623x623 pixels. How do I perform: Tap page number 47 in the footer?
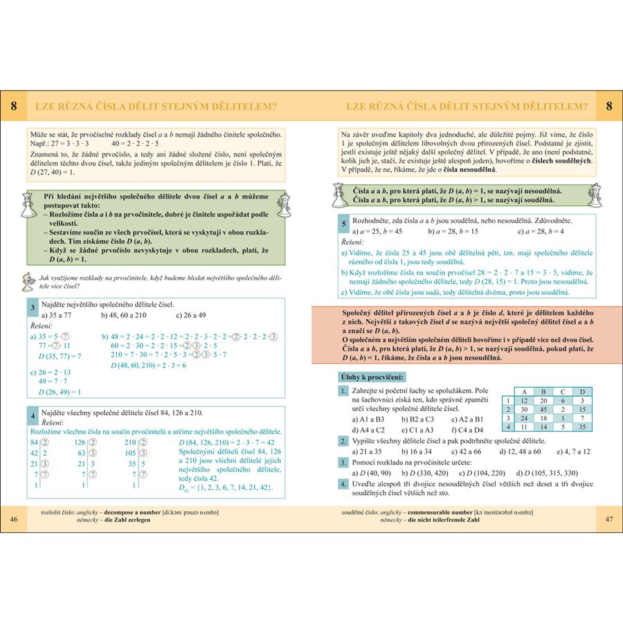pyautogui.click(x=608, y=518)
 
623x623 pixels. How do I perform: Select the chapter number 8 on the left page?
pyautogui.click(x=15, y=107)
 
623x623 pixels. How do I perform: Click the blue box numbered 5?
pyautogui.click(x=343, y=224)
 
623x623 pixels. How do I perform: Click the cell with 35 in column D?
pyautogui.click(x=583, y=427)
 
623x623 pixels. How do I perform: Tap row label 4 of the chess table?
pyautogui.click(x=507, y=427)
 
